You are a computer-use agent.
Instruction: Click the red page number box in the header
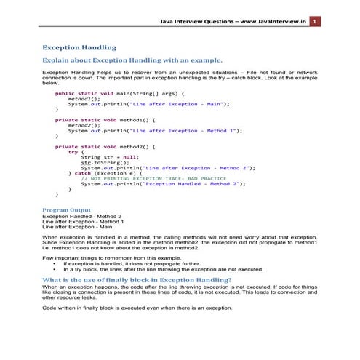tap(313, 23)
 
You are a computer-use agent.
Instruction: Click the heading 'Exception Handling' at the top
tap(79, 48)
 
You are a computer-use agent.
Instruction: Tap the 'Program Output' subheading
tap(66, 209)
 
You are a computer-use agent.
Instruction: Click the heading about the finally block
tap(137, 279)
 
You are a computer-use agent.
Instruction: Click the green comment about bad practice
tap(153, 179)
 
